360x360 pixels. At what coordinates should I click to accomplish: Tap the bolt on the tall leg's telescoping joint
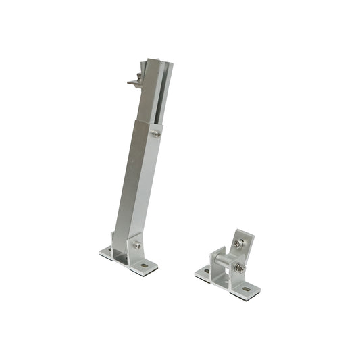(x=156, y=134)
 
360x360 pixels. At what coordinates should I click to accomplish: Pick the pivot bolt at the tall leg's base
(x=137, y=245)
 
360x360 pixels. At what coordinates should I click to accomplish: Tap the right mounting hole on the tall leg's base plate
(x=145, y=265)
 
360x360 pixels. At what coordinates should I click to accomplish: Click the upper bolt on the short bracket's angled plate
(x=238, y=244)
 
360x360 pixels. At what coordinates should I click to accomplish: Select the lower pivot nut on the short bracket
(x=240, y=268)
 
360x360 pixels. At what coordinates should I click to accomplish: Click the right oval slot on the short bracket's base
(x=246, y=289)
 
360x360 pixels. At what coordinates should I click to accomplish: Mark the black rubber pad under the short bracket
(x=243, y=296)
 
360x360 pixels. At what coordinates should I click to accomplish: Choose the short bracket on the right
(x=228, y=267)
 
